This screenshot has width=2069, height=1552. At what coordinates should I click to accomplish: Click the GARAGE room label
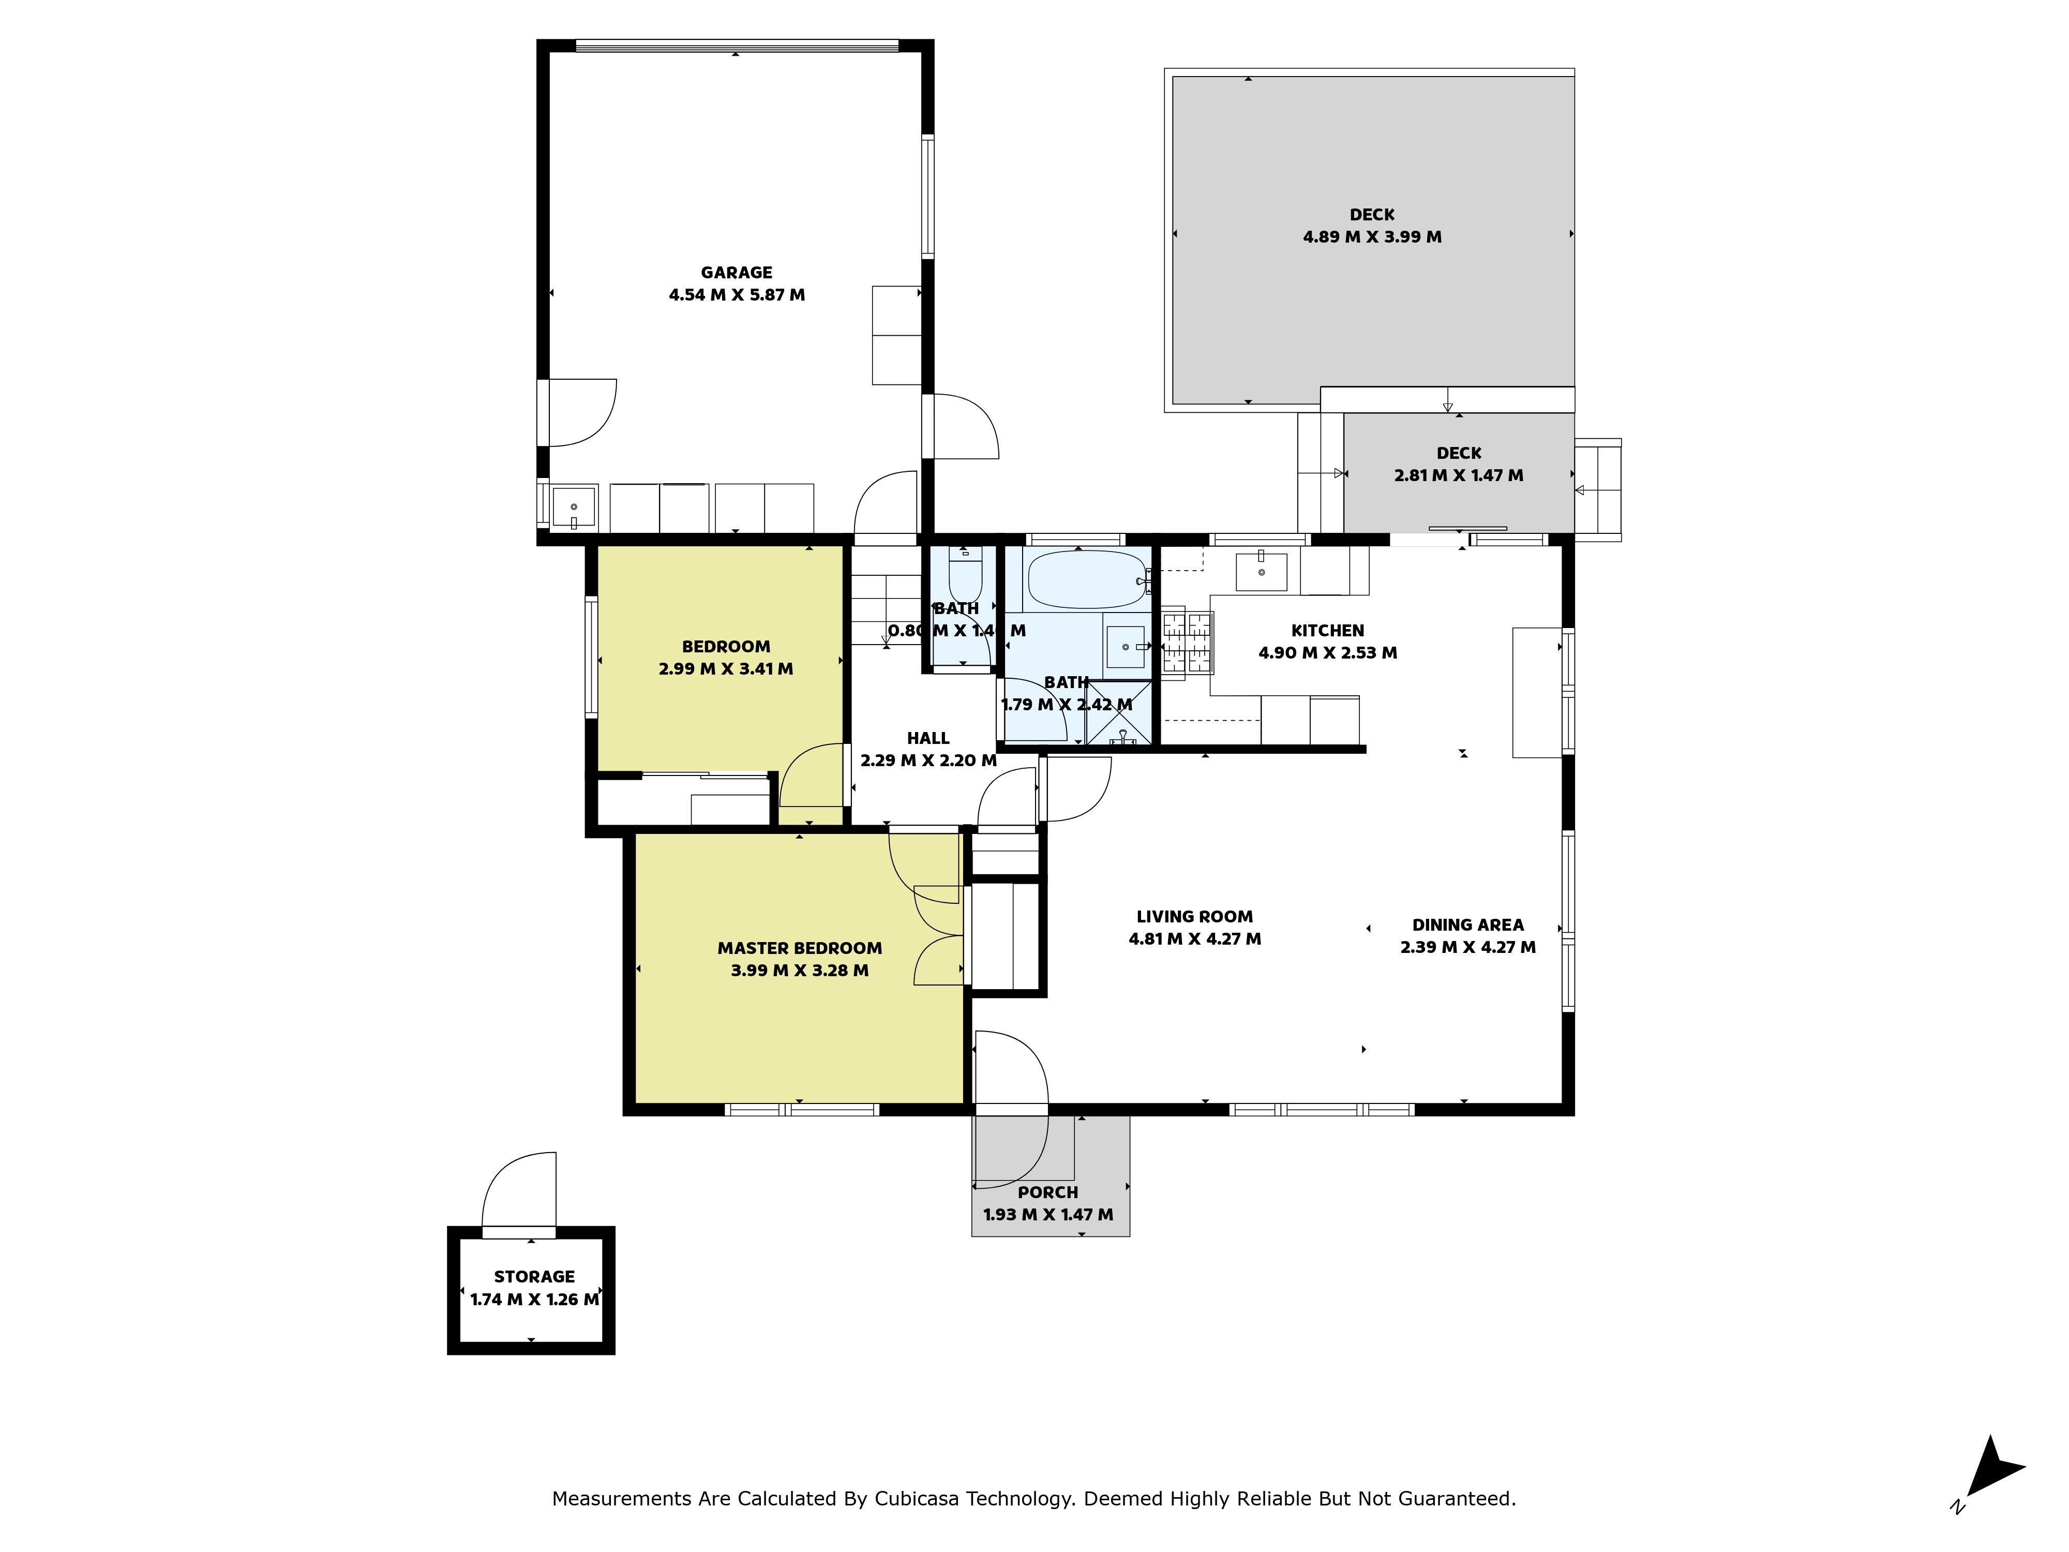click(x=736, y=272)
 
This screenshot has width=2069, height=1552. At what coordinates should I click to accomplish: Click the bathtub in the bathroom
click(x=1087, y=580)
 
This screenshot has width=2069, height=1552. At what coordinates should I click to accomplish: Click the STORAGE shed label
click(x=534, y=1277)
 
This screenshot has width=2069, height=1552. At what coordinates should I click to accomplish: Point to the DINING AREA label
click(x=1467, y=925)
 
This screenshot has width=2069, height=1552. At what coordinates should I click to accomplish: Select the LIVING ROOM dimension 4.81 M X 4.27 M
click(x=1194, y=939)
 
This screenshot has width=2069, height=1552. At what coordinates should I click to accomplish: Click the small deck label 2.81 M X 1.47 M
click(x=1458, y=476)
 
